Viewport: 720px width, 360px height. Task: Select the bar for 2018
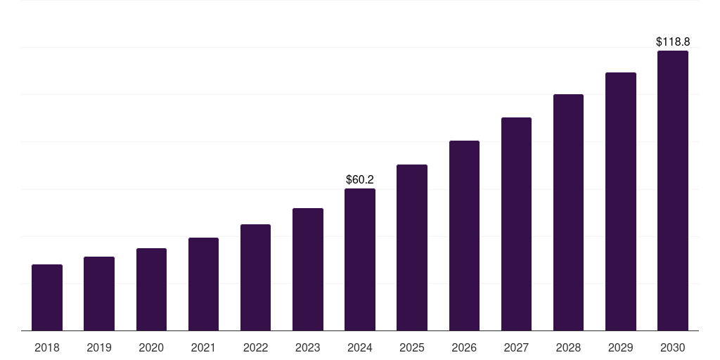pyautogui.click(x=47, y=297)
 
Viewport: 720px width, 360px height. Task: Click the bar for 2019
pyautogui.click(x=99, y=293)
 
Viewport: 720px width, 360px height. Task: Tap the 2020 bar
pyautogui.click(x=152, y=289)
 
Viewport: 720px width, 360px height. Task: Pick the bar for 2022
pyautogui.click(x=255, y=277)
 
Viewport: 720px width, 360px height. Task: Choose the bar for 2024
pyautogui.click(x=360, y=259)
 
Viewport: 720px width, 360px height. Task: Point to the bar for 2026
pyautogui.click(x=464, y=236)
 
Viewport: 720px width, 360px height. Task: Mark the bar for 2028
pyautogui.click(x=568, y=212)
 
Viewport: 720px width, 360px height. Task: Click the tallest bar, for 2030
pyautogui.click(x=673, y=191)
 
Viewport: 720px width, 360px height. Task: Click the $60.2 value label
pyautogui.click(x=360, y=179)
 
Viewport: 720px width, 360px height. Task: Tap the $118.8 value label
pyautogui.click(x=673, y=41)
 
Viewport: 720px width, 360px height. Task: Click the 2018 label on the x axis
pyautogui.click(x=47, y=347)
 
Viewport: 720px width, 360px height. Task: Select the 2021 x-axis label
pyautogui.click(x=203, y=347)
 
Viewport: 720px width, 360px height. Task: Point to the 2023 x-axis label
pyautogui.click(x=308, y=347)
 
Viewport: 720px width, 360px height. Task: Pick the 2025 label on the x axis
pyautogui.click(x=412, y=347)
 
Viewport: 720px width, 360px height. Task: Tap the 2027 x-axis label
pyautogui.click(x=516, y=347)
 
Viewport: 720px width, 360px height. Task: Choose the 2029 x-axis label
pyautogui.click(x=620, y=347)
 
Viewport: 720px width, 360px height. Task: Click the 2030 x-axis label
pyautogui.click(x=673, y=347)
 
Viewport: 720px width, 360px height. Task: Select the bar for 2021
pyautogui.click(x=203, y=284)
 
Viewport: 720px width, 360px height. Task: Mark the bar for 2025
pyautogui.click(x=412, y=247)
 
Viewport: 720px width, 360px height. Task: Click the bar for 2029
pyautogui.click(x=621, y=202)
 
